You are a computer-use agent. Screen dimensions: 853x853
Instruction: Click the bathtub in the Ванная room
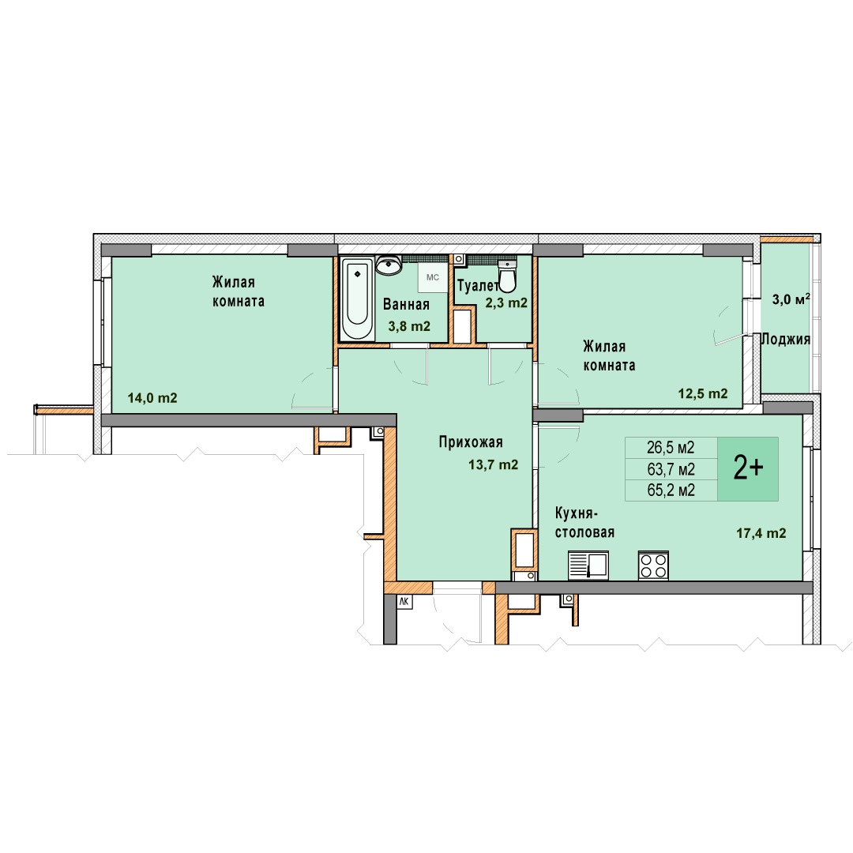358,299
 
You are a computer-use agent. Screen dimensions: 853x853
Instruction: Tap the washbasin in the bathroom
389,265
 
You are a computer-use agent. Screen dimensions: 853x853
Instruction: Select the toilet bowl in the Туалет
508,276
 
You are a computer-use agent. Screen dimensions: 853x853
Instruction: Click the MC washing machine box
433,277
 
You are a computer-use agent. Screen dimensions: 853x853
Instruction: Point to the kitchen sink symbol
588,566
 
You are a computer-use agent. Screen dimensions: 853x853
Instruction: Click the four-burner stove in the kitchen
653,566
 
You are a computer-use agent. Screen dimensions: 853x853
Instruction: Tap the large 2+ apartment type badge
748,468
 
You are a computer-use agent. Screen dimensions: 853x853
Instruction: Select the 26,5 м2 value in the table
671,448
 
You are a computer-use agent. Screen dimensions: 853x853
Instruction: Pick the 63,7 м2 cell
671,469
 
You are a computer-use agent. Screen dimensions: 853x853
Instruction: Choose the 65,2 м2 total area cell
671,490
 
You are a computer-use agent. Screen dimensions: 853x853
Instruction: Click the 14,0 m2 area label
152,398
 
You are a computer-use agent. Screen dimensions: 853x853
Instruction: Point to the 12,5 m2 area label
703,394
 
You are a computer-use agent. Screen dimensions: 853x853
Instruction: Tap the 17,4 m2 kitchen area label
761,534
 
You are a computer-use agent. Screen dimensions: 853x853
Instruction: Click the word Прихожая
471,442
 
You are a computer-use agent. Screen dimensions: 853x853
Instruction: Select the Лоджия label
786,340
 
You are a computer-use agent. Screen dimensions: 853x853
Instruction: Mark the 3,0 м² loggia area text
791,299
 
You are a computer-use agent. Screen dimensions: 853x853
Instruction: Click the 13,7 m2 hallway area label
494,465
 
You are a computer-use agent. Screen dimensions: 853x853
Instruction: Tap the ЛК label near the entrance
404,602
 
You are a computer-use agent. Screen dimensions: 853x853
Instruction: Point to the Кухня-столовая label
584,522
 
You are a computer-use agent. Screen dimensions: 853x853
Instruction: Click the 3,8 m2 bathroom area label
409,326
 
